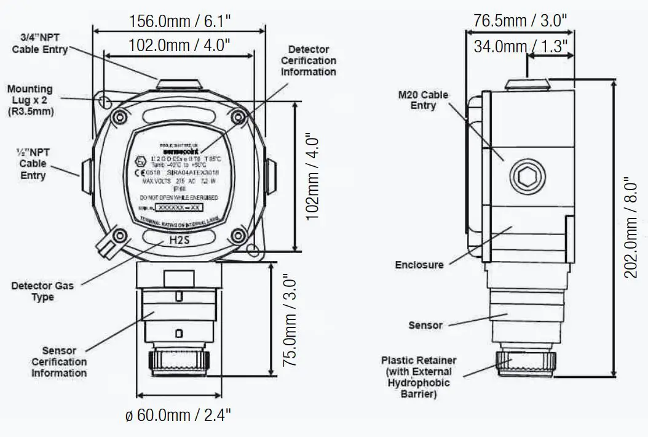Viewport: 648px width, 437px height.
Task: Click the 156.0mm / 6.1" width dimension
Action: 180,21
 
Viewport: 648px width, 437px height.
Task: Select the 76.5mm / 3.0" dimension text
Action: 520,20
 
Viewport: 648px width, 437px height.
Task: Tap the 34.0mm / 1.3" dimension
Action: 520,46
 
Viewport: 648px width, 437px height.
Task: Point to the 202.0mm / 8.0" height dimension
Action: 631,228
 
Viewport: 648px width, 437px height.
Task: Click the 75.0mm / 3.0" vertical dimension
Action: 290,321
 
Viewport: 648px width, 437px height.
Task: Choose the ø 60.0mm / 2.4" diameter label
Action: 178,415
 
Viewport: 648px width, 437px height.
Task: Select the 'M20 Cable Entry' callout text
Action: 423,100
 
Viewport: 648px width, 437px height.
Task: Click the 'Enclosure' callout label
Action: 419,265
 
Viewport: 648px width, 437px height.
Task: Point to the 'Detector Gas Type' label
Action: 42,291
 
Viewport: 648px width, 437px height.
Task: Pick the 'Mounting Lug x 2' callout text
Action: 30,100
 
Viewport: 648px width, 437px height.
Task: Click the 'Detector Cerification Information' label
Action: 309,60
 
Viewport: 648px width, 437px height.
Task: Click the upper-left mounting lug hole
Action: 105,100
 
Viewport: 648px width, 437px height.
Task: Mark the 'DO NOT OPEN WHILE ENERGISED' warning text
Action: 179,198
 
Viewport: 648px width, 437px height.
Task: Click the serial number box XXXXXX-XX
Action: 179,208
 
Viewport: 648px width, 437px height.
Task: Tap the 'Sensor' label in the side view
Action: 425,325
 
